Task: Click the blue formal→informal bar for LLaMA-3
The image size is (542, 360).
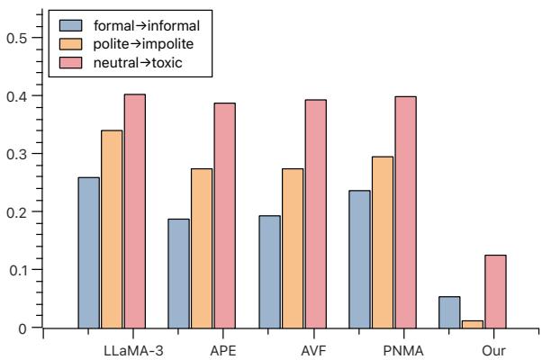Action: click(88, 253)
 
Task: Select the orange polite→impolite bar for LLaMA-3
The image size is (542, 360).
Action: click(112, 229)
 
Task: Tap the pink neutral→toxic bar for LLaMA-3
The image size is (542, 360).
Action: click(134, 211)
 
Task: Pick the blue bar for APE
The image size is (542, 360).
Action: click(178, 274)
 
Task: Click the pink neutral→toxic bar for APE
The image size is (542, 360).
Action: click(224, 216)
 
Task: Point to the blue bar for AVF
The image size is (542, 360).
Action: click(269, 272)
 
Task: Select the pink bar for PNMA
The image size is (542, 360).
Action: click(404, 212)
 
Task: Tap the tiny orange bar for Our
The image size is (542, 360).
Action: click(472, 325)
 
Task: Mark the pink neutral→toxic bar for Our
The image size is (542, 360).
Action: click(494, 292)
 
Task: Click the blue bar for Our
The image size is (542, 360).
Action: click(449, 312)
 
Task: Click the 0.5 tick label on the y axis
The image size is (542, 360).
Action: click(19, 37)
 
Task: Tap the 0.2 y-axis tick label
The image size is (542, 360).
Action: click(19, 211)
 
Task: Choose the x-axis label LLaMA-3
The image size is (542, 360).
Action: click(133, 348)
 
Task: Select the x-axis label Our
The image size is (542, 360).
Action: click(494, 348)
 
